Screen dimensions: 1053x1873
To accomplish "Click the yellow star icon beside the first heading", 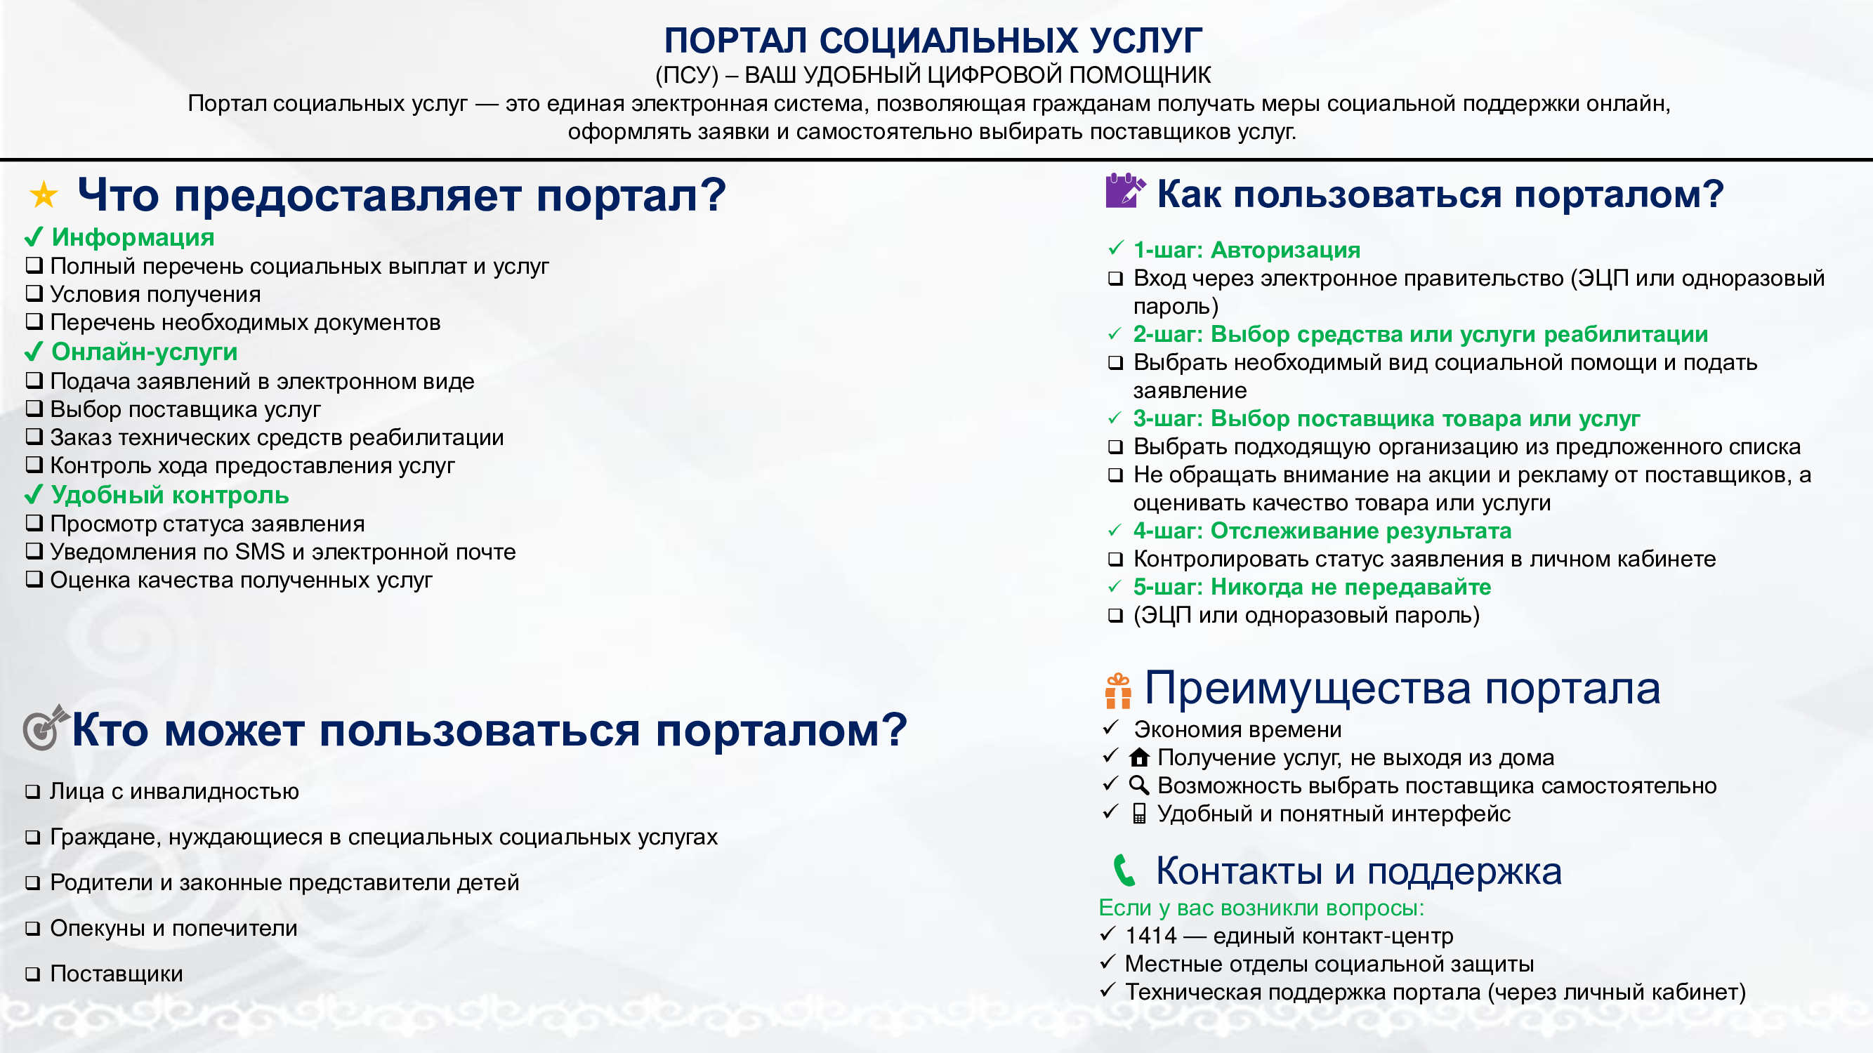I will tap(44, 194).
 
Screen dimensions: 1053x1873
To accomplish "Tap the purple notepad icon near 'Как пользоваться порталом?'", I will tap(1124, 190).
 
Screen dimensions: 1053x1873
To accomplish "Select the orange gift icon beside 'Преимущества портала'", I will tap(1117, 691).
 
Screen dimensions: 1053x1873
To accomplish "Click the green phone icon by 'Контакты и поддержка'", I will tap(1124, 870).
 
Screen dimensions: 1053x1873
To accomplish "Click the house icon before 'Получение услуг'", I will tap(1138, 757).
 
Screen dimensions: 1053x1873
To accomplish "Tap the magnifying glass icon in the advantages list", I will tap(1138, 786).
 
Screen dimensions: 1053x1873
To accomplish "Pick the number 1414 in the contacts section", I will tap(1150, 935).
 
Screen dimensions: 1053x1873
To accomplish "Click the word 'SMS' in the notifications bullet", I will tap(260, 552).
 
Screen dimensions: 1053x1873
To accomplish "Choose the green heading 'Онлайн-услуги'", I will tap(145, 352).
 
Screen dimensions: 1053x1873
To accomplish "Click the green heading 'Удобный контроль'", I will tap(170, 495).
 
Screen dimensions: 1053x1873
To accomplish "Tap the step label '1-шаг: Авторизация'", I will tap(1247, 250).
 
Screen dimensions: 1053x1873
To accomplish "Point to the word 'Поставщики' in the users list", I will tap(117, 974).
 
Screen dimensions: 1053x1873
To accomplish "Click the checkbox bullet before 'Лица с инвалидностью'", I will tap(33, 792).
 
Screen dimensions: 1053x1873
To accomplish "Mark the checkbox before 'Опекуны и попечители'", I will tap(33, 929).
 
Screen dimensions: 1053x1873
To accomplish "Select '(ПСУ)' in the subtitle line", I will tap(686, 75).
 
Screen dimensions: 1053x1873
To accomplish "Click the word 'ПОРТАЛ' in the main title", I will tap(735, 41).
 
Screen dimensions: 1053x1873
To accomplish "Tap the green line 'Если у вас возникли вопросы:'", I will tap(1261, 908).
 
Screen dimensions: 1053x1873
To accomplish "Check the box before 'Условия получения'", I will tap(34, 293).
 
